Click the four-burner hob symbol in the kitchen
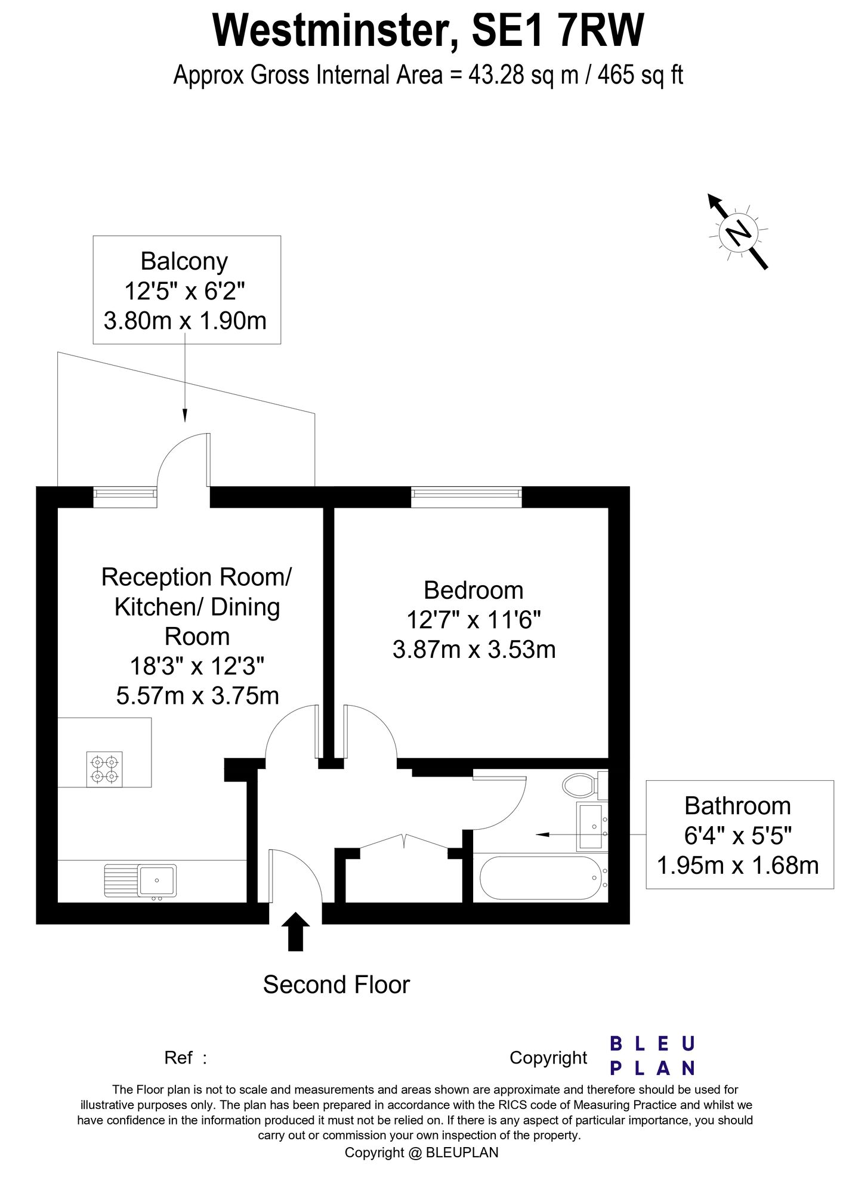104,769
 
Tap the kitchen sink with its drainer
140,880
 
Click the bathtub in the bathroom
541,878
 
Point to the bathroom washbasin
591,826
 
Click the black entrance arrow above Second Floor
295,931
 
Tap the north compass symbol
738,231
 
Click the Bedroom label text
473,591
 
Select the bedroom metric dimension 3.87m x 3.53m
474,649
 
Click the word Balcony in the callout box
184,261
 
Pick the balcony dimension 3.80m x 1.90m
185,320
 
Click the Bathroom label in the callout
737,806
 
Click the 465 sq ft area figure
640,76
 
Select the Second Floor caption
336,985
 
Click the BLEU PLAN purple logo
652,1055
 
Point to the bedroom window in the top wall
466,497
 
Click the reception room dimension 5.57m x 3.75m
197,696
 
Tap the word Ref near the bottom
178,1058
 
